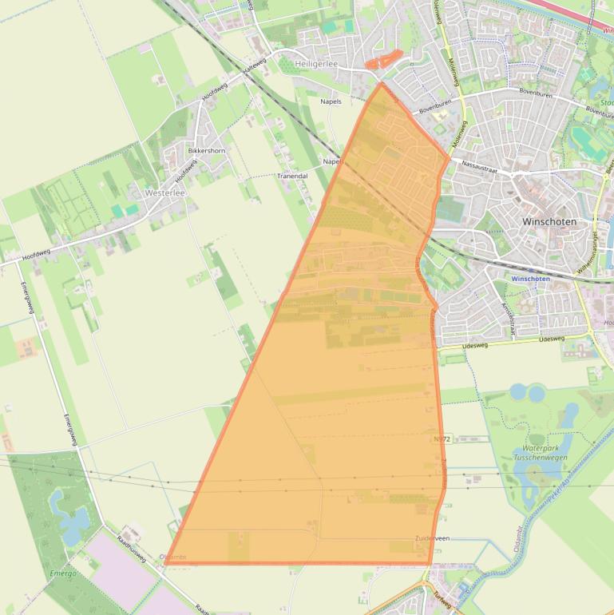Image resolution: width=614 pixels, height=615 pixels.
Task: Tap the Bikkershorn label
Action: pyautogui.click(x=206, y=150)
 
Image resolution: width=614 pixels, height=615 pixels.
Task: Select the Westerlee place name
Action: pyautogui.click(x=165, y=192)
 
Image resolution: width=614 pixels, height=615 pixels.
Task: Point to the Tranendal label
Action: pyautogui.click(x=291, y=175)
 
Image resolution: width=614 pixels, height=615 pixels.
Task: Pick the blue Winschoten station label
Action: pyautogui.click(x=530, y=279)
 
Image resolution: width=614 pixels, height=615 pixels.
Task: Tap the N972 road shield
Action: pyautogui.click(x=442, y=439)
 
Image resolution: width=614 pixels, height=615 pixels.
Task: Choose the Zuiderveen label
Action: pyautogui.click(x=432, y=538)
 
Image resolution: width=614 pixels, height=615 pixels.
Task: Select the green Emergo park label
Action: pyautogui.click(x=63, y=573)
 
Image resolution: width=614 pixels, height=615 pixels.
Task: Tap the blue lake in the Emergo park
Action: pyautogui.click(x=67, y=512)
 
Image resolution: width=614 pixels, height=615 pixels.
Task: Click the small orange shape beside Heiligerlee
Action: pyautogui.click(x=383, y=60)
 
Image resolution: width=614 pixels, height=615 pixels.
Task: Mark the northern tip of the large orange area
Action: pyautogui.click(x=382, y=83)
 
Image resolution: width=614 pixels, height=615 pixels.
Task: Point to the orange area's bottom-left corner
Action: pyautogui.click(x=167, y=562)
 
